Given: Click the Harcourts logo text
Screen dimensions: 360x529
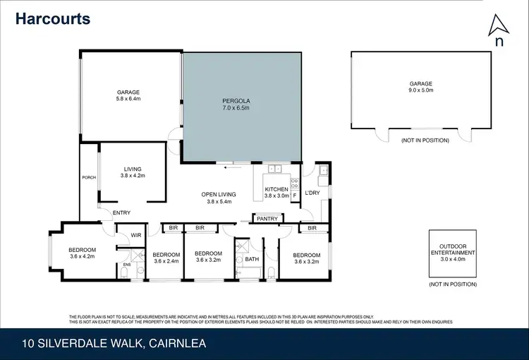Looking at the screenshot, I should (x=53, y=18).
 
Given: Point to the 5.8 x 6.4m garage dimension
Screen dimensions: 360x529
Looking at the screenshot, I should (x=128, y=100).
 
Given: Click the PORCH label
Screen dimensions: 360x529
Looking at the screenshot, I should (x=89, y=177).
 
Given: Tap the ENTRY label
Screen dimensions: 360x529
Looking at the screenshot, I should (x=121, y=212).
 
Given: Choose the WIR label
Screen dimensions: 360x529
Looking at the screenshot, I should (x=136, y=236).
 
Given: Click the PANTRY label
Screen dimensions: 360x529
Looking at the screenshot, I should (x=266, y=219).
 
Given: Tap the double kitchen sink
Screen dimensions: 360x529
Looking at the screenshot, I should (x=275, y=169).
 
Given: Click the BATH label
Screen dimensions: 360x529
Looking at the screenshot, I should (x=252, y=260).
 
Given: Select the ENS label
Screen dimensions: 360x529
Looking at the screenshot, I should (x=126, y=265).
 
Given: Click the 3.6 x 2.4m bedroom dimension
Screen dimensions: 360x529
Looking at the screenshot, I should (x=167, y=260).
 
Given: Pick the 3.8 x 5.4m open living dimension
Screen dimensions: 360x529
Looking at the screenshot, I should (x=219, y=202).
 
